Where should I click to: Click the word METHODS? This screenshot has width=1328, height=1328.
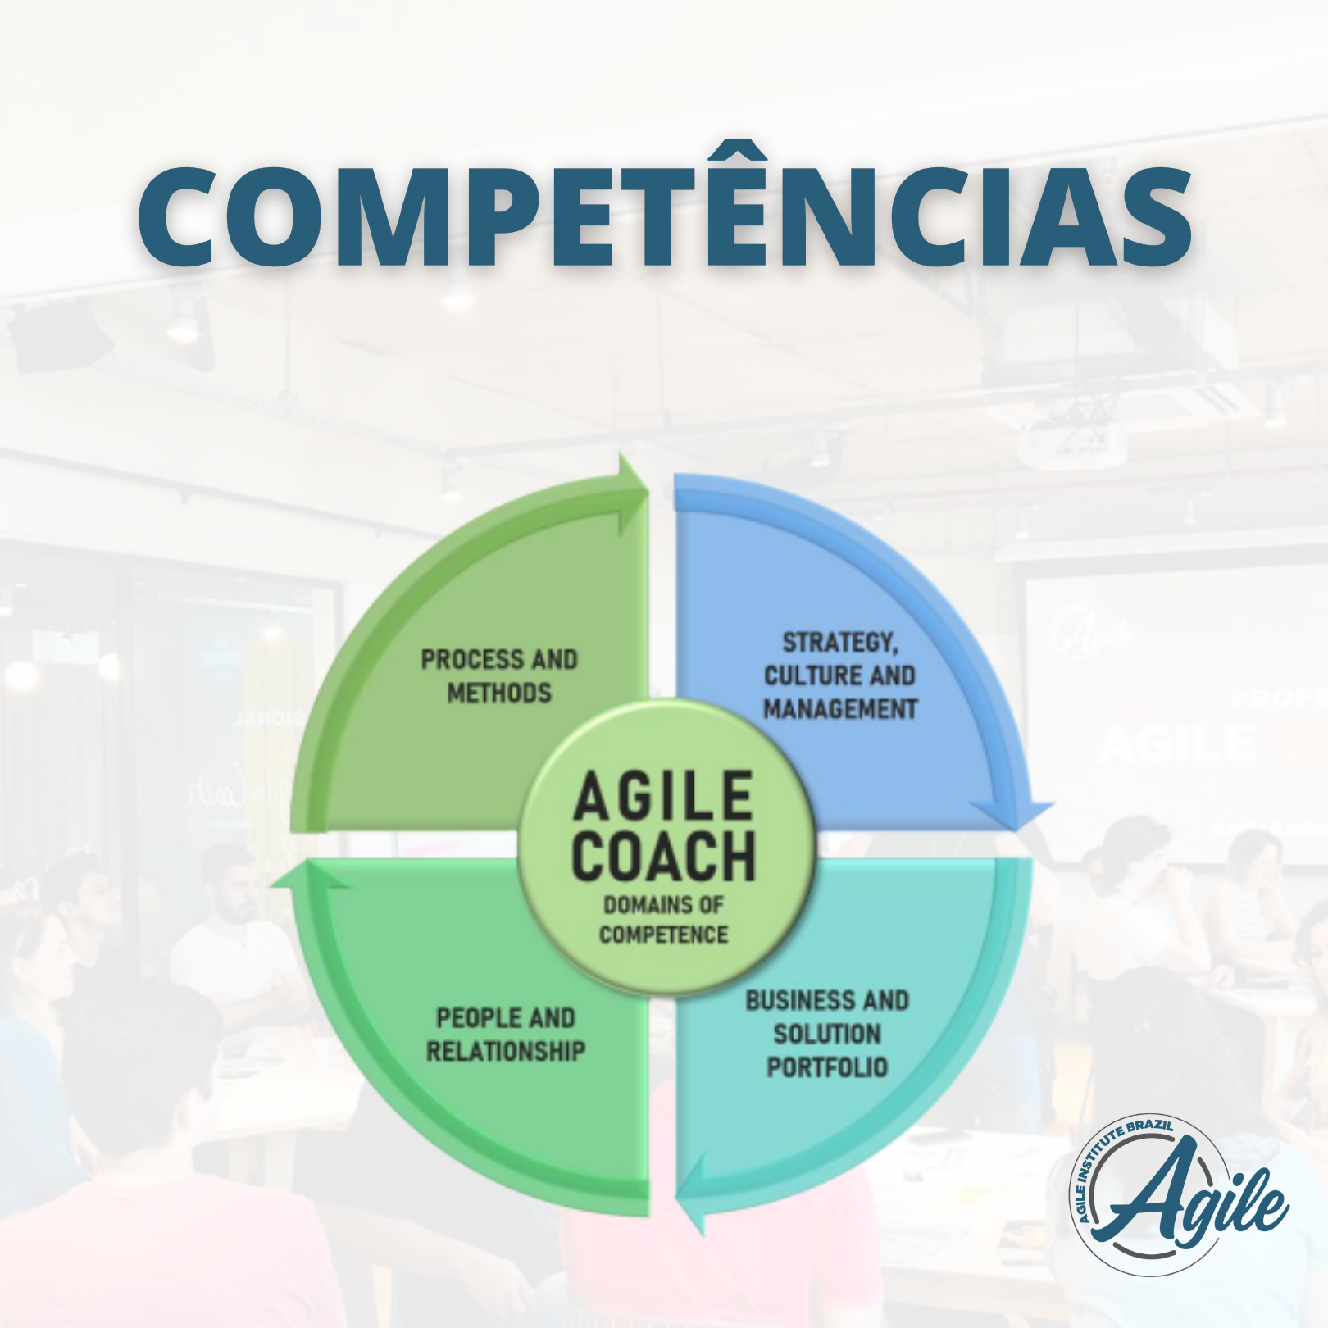499,694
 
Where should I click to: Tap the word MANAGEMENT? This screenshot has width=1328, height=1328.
840,709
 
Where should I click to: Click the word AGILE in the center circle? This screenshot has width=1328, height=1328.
663,797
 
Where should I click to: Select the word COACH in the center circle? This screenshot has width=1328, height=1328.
663,856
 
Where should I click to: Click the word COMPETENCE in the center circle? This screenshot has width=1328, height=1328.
663,935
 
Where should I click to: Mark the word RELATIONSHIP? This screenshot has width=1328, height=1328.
506,1051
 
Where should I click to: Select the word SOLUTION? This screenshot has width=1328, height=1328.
827,1035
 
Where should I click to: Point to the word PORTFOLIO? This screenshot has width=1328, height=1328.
827,1067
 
